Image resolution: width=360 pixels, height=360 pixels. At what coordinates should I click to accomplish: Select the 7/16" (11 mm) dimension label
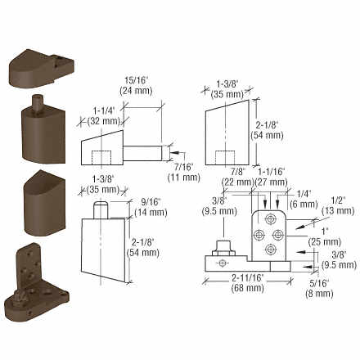pyautogui.click(x=182, y=172)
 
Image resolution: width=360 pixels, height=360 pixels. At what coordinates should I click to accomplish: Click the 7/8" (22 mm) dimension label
pyautogui.click(x=237, y=176)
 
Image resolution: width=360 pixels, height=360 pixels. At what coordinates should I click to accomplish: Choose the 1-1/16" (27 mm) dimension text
pyautogui.click(x=271, y=176)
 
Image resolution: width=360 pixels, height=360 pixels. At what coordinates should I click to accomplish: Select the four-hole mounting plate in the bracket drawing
pyautogui.click(x=268, y=233)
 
